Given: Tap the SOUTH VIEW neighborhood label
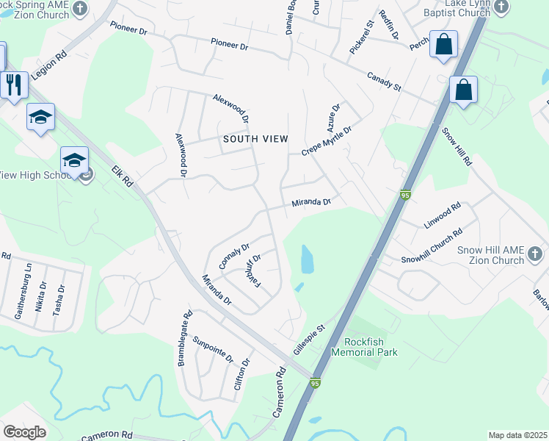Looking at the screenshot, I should point(255,139).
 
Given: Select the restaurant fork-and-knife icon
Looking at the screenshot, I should point(14,85).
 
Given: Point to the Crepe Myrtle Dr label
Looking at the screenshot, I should point(327,140).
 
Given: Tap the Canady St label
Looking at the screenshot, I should point(384,82).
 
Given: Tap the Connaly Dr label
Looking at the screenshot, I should point(235,257).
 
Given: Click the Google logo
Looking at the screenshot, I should point(24,432).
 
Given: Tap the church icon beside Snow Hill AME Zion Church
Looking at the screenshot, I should point(535,255).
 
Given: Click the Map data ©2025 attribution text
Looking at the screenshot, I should point(517,435).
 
